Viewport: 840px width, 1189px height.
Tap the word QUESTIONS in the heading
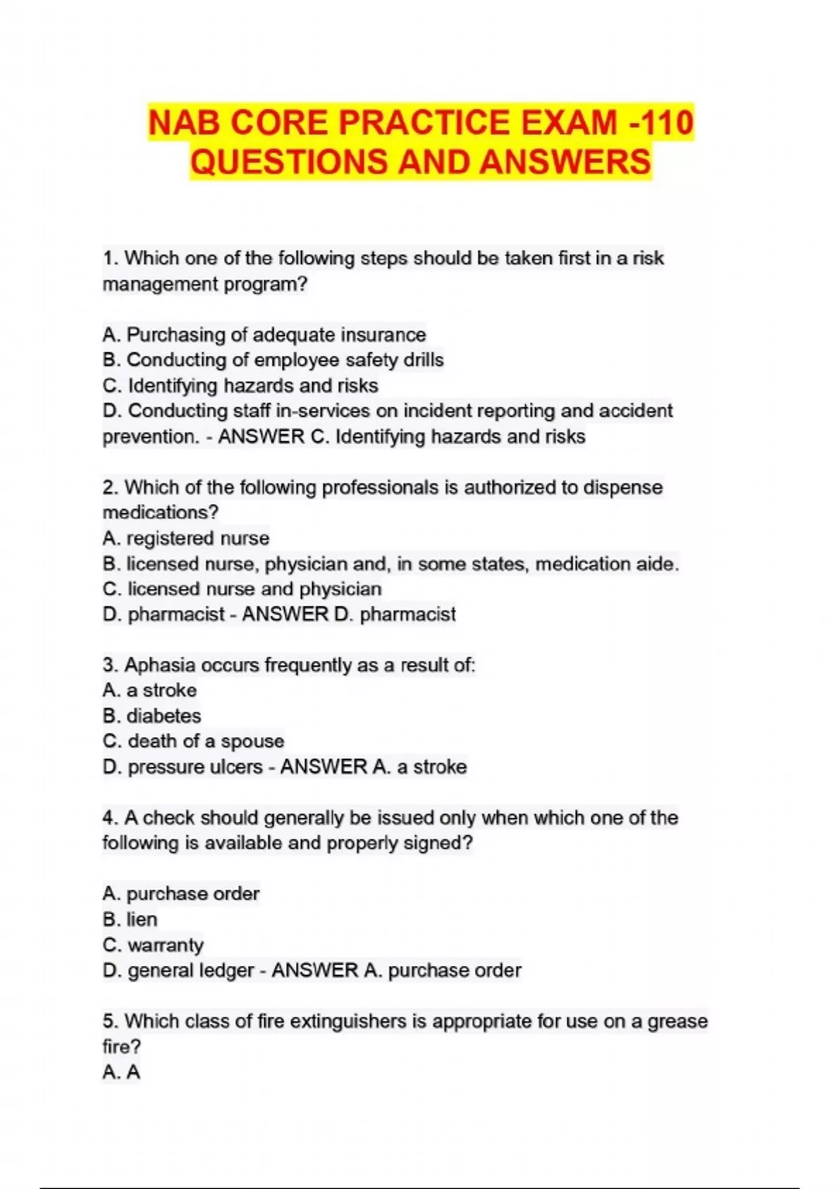pyautogui.click(x=288, y=162)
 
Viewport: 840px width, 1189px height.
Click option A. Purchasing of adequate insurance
pyautogui.click(x=264, y=335)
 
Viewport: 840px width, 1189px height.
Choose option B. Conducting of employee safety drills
pyautogui.click(x=273, y=360)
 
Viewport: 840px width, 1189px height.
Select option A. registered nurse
pyautogui.click(x=185, y=538)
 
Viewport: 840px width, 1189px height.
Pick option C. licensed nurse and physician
pyautogui.click(x=241, y=589)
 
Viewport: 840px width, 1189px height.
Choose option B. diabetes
pyautogui.click(x=151, y=716)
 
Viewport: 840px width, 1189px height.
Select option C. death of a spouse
pyautogui.click(x=193, y=741)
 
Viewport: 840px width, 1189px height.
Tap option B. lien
pyautogui.click(x=129, y=919)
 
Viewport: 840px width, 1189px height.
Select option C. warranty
pyautogui.click(x=153, y=945)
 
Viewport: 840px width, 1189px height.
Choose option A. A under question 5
pyautogui.click(x=121, y=1072)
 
